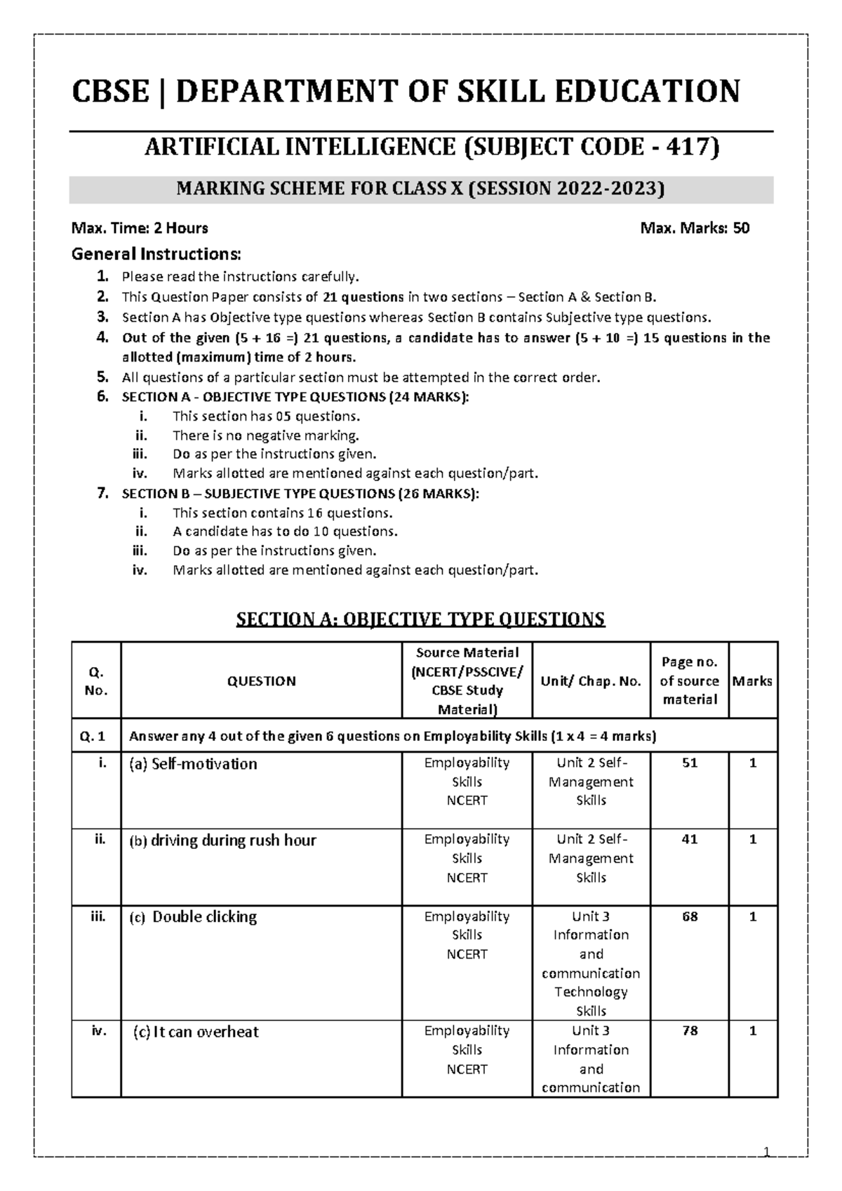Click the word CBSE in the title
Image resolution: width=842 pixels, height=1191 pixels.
point(110,91)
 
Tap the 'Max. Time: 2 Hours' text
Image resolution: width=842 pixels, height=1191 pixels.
point(140,228)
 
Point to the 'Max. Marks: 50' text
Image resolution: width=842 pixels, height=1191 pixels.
point(695,228)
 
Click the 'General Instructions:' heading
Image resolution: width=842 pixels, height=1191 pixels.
point(156,254)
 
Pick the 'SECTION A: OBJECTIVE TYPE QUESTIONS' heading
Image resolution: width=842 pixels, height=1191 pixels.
point(420,619)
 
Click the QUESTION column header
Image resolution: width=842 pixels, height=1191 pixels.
point(261,680)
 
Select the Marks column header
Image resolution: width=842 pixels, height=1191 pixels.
point(752,680)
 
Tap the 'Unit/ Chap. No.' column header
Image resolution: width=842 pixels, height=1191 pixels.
point(591,680)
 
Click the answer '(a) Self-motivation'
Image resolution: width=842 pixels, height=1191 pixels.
point(192,764)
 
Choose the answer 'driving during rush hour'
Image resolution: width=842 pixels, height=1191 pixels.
point(233,841)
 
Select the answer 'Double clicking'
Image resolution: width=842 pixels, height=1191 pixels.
point(204,917)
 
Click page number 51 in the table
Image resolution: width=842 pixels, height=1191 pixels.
point(690,763)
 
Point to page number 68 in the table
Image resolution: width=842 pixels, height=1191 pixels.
point(690,917)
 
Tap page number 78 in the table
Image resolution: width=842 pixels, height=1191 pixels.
point(690,1032)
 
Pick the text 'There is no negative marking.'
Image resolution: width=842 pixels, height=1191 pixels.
point(266,435)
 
